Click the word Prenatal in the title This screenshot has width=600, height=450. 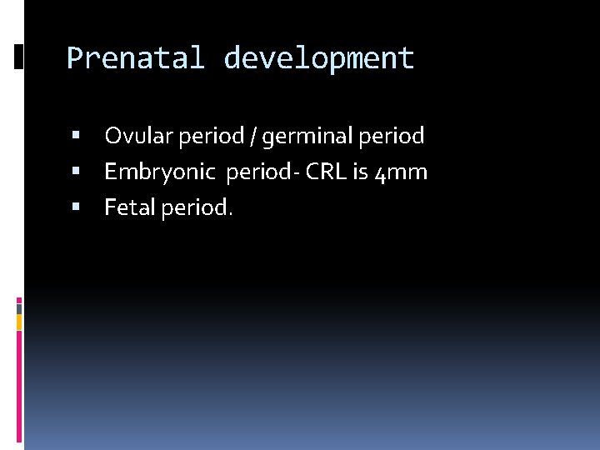[135, 58]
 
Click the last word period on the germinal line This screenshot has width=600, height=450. [392, 135]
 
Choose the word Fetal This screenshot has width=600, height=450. [129, 208]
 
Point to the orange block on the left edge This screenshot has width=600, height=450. [19, 321]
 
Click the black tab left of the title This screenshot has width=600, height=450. [19, 56]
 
